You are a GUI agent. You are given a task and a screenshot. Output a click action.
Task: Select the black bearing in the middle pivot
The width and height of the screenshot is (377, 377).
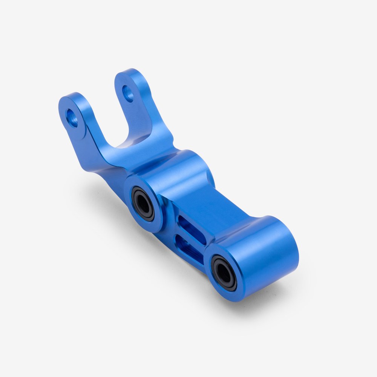143,204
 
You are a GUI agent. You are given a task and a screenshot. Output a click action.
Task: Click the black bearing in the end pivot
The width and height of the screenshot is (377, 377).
224,272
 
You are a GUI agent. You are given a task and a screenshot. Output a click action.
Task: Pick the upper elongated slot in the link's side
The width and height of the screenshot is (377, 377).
192,230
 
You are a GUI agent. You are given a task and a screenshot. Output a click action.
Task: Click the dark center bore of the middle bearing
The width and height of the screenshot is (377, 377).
143,204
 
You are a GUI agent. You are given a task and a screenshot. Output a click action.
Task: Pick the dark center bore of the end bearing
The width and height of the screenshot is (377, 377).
224,272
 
